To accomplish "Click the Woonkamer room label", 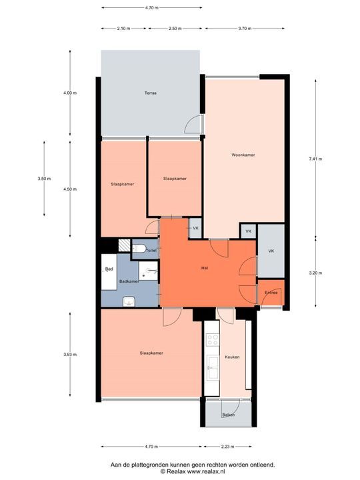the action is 243,155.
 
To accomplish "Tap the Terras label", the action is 150,93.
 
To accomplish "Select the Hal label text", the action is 205,268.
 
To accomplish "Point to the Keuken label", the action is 232,357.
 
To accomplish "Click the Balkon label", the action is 229,415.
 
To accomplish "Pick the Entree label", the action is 271,293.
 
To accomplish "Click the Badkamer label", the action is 129,281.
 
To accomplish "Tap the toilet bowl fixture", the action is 139,248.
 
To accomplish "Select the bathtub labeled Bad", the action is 109,272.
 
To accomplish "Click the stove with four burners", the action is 213,339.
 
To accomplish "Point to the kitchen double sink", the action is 213,367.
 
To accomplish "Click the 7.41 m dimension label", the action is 315,159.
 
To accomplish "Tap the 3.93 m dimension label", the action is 70,355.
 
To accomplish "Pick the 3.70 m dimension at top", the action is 245,29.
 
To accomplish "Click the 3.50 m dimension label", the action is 44,179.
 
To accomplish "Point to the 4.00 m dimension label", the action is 70,93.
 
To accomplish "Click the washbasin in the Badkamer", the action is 129,301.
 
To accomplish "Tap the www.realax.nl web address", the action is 206,472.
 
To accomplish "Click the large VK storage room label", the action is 271,251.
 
